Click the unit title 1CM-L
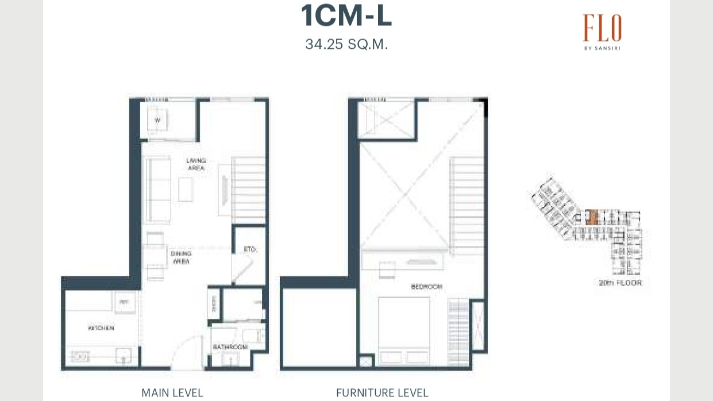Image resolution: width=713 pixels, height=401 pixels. point(346,16)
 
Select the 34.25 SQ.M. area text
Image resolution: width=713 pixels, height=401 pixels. point(346,44)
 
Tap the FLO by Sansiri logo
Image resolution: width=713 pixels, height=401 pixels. point(602,32)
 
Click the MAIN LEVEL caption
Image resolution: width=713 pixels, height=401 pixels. point(172,393)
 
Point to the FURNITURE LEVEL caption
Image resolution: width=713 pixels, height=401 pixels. point(382,393)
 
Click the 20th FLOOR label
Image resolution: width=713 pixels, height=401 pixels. point(620,283)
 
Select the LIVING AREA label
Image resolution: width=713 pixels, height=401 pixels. point(196,164)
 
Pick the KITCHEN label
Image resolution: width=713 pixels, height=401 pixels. point(101,328)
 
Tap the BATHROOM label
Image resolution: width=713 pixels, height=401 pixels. point(230,347)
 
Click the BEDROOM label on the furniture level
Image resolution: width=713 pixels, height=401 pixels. point(426,286)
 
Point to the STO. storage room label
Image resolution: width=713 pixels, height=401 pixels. point(249,250)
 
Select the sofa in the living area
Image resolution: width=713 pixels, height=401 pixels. point(157,189)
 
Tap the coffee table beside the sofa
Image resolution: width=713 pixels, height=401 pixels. point(186,189)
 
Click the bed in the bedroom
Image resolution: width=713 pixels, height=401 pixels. point(404,330)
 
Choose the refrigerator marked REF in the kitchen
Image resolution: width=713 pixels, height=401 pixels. point(125,303)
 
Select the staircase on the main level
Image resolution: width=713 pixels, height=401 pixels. point(248,190)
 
